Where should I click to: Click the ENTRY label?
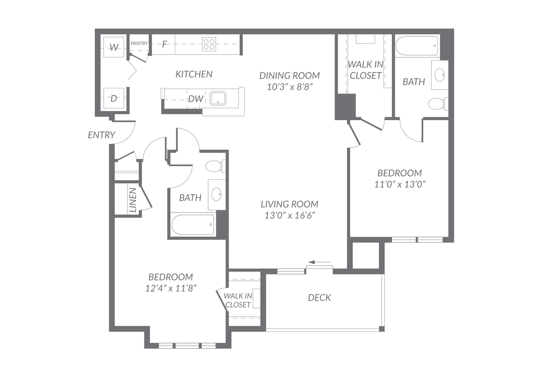102,135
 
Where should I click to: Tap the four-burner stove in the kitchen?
209,44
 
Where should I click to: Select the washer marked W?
114,47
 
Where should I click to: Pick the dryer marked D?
114,98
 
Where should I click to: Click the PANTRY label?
139,43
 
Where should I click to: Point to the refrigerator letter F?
165,44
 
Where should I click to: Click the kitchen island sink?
218,98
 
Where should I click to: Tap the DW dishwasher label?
196,99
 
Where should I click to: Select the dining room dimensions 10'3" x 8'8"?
290,87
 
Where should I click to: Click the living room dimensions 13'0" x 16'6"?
290,215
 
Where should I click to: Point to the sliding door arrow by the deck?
320,262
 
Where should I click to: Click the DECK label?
319,298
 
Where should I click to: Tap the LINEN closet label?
133,200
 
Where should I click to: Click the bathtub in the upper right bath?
416,46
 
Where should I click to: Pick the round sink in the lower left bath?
216,194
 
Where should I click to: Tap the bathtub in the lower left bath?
193,225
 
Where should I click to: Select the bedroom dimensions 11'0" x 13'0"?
400,185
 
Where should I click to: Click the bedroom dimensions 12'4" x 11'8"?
171,288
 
